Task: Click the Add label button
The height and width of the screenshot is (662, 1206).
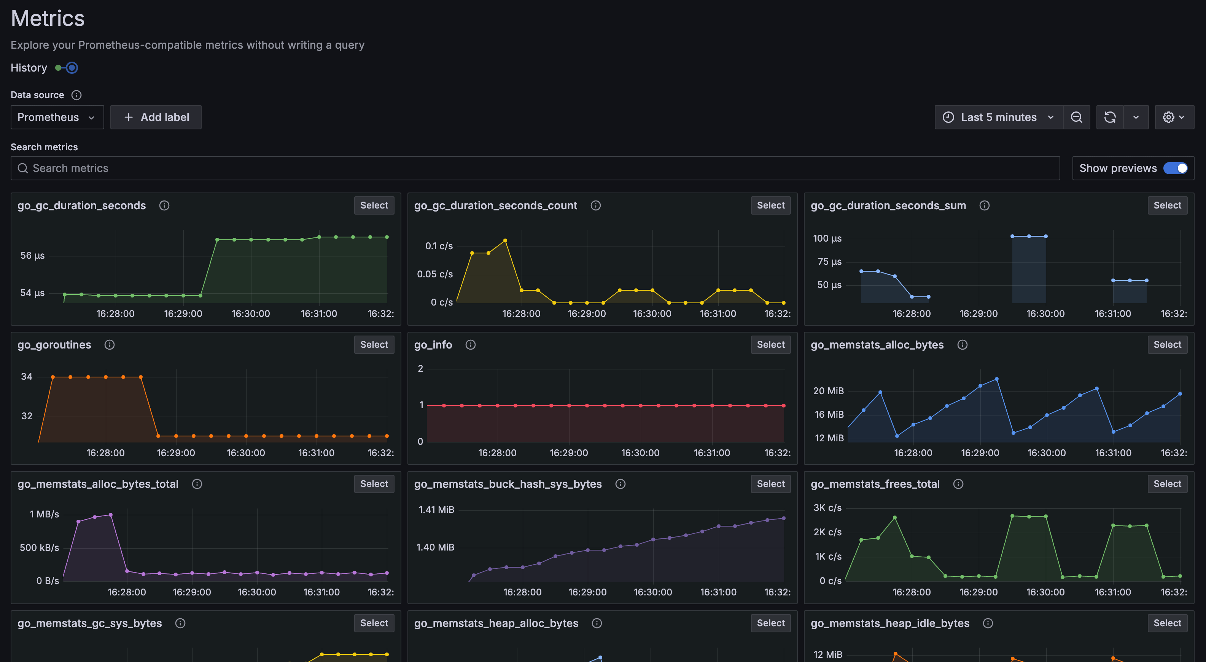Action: (156, 117)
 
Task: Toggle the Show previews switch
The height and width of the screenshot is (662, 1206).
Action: (1175, 168)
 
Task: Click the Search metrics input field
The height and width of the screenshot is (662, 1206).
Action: (534, 168)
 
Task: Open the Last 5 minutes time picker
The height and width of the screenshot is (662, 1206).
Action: (998, 117)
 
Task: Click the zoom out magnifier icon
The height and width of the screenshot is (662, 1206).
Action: (1076, 117)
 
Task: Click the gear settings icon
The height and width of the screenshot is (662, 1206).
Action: (1169, 117)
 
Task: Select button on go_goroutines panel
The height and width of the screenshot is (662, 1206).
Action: (374, 345)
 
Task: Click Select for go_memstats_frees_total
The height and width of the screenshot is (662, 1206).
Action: (1167, 484)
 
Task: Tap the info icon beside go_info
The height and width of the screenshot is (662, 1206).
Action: (471, 345)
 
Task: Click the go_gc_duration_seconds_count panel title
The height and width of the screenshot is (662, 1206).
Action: (495, 205)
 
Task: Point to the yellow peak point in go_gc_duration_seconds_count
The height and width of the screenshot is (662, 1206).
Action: (505, 241)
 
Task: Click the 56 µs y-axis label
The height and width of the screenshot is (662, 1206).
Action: (32, 256)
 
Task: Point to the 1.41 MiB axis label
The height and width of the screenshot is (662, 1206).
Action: (436, 509)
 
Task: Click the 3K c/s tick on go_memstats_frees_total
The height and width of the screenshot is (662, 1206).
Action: (827, 508)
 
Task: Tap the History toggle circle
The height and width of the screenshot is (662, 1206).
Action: (72, 68)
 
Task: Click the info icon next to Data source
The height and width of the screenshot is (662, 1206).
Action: (76, 95)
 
